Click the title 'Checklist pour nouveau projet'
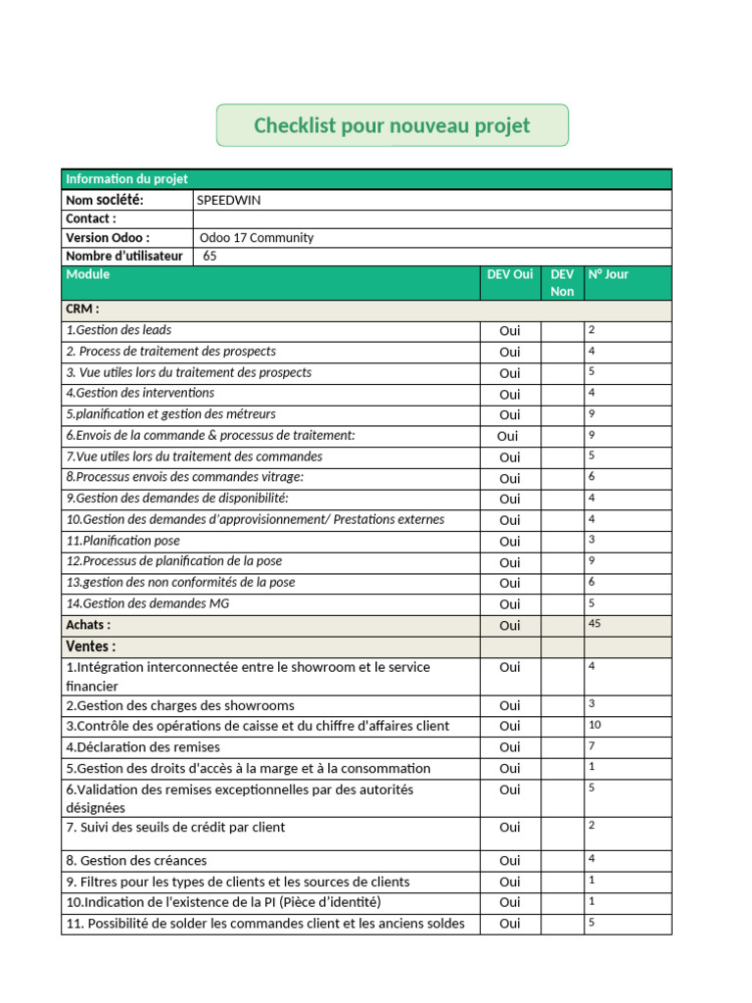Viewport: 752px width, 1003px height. tap(392, 125)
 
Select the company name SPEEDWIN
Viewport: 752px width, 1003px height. tap(228, 200)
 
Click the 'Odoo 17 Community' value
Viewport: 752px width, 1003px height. tap(256, 238)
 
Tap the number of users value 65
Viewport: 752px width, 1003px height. tap(210, 257)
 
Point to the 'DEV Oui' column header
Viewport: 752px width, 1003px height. tap(509, 275)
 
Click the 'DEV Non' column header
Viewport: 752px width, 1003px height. tap(562, 283)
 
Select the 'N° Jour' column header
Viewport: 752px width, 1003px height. tap(608, 275)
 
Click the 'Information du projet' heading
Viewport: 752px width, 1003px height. tap(126, 179)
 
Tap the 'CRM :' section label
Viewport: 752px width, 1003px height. tap(82, 310)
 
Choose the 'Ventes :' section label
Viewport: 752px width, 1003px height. tap(90, 646)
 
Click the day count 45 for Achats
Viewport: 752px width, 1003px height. tap(594, 623)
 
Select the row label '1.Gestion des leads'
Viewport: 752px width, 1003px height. tap(118, 330)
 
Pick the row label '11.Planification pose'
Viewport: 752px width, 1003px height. tap(123, 541)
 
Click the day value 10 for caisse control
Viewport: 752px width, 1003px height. tap(594, 724)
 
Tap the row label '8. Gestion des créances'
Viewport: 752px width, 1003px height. tap(136, 860)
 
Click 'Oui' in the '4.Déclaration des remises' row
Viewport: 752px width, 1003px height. tap(509, 747)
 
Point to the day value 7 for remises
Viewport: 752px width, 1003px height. tap(591, 745)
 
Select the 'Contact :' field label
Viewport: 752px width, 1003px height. tap(91, 219)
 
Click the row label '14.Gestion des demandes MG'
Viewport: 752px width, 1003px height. tap(148, 603)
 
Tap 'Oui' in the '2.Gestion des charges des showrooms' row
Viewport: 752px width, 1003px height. tap(509, 705)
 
